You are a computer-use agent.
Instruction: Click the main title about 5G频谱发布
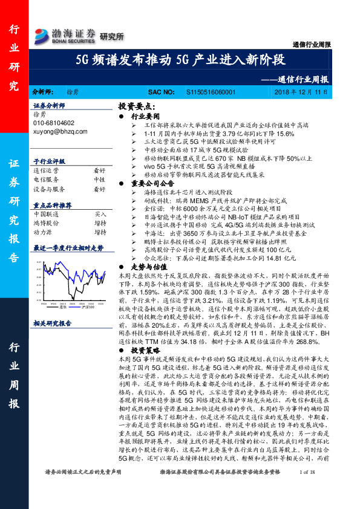point(180,60)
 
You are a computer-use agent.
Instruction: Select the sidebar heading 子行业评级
point(50,161)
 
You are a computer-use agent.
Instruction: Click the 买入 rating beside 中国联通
point(100,214)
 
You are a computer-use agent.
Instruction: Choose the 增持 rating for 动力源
point(100,231)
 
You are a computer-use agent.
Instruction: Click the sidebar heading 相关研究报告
point(53,323)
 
